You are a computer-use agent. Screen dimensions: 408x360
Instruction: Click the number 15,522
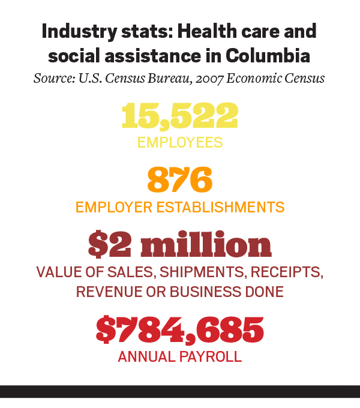point(179,116)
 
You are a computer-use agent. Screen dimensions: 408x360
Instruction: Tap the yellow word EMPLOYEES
point(179,143)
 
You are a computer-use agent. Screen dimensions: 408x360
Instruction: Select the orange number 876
point(179,179)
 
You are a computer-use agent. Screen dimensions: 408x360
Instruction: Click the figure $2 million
point(179,244)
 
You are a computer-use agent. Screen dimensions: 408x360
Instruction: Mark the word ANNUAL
point(146,356)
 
